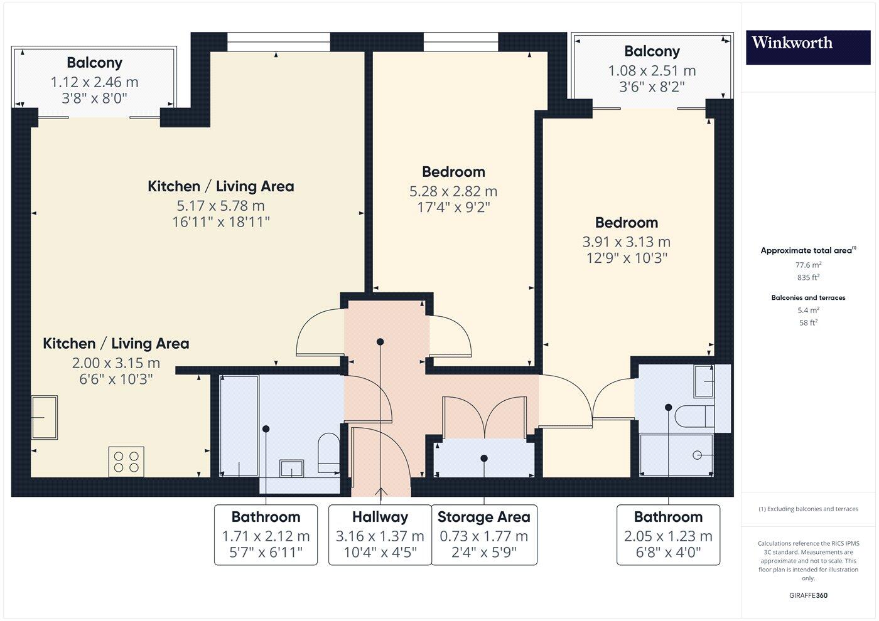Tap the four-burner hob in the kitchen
pos(126,461)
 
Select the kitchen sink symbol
pos(44,417)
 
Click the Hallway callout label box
pos(380,534)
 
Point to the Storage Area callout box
pos(483,534)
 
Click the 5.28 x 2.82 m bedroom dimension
pos(453,191)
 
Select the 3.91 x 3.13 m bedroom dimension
pos(626,242)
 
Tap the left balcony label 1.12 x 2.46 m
pos(94,82)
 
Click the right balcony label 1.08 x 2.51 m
pos(652,71)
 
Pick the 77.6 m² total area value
pos(808,265)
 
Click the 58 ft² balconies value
pos(808,323)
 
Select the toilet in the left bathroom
pos(328,452)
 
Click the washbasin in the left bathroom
pos(292,468)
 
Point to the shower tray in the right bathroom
pos(676,455)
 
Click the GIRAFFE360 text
pos(808,595)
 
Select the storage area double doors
pos(484,417)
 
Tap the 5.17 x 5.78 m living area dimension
pos(220,206)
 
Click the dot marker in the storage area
pos(484,459)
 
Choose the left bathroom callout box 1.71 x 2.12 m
pos(266,534)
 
